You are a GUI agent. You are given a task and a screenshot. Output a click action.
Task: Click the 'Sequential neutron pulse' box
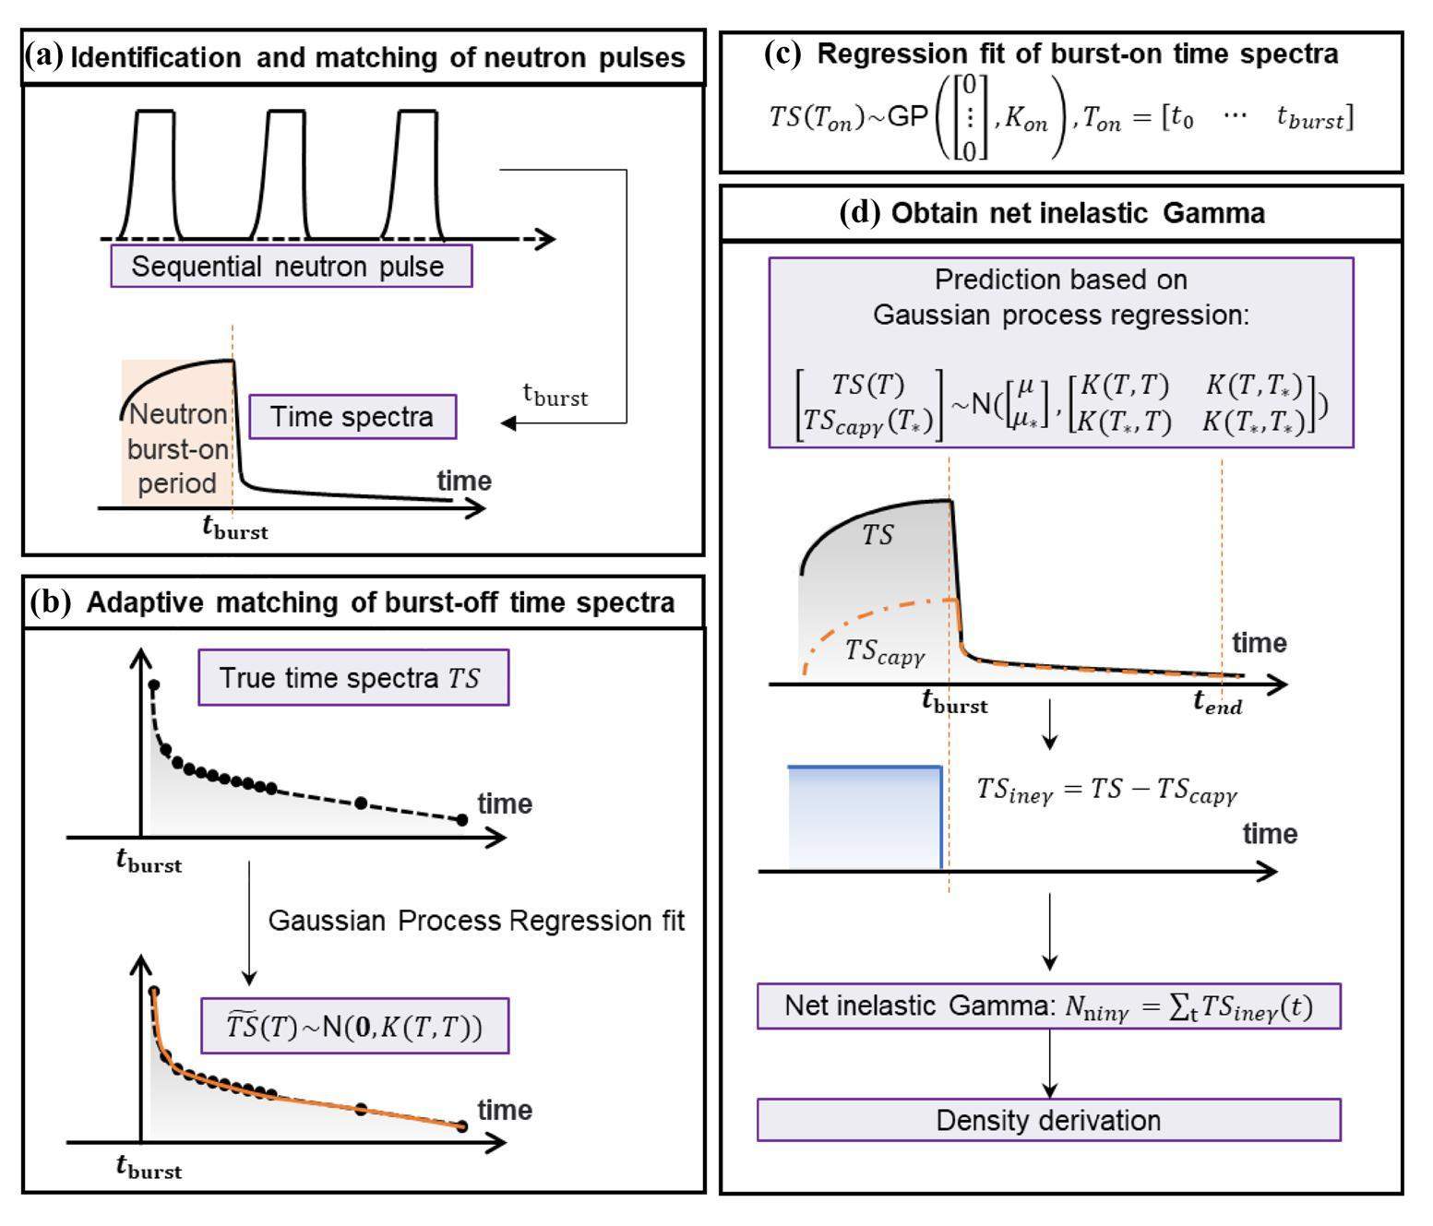click(291, 266)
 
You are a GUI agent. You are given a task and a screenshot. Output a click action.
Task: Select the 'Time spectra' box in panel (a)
click(352, 416)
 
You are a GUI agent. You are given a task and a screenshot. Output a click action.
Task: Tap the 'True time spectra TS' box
click(352, 678)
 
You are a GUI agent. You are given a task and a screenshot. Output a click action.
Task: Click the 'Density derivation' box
click(1048, 1120)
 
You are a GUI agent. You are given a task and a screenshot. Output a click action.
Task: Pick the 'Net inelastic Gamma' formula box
click(1048, 1006)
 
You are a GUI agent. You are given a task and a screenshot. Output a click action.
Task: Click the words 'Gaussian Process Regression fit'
click(476, 921)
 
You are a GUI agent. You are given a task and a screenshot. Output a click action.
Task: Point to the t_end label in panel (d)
click(1218, 704)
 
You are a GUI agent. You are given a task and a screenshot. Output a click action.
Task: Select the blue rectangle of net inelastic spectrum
click(864, 817)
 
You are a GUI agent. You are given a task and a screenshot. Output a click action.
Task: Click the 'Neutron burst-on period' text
click(177, 448)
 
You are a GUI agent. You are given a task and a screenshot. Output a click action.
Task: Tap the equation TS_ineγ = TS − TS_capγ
click(1106, 790)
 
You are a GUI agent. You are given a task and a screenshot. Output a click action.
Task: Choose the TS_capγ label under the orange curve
click(885, 651)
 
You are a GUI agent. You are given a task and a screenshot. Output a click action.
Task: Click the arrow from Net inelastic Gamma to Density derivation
click(1049, 1063)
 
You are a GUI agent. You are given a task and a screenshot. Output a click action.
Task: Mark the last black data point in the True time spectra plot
click(462, 819)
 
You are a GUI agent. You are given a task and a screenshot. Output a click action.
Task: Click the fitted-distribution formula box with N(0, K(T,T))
click(354, 1026)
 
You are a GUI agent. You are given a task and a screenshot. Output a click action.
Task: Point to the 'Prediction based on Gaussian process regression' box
click(1060, 352)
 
